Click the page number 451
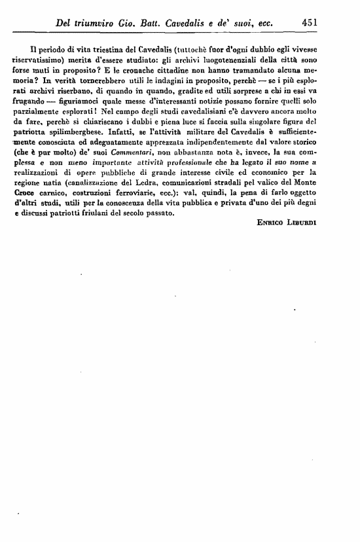pos(311,22)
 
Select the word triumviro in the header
pos(97,22)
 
